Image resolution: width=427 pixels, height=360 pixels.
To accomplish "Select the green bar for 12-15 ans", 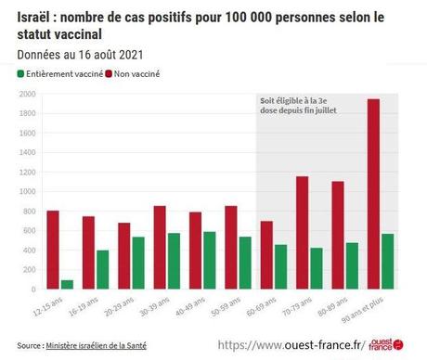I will tap(67, 284).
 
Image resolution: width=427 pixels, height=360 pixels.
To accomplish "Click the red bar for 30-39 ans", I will tap(160, 247).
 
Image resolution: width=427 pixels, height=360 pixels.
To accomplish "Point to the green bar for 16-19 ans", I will tap(103, 269).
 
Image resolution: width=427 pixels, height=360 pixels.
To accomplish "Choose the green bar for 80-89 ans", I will tap(352, 265).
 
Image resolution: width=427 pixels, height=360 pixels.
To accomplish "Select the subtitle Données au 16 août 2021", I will tap(80, 55).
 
